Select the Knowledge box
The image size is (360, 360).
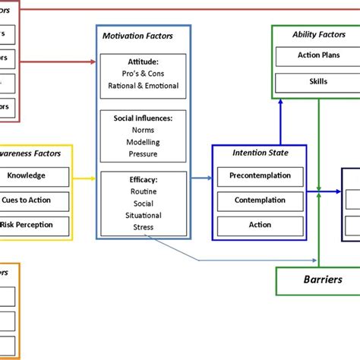click(x=26, y=175)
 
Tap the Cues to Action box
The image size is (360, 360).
click(x=27, y=201)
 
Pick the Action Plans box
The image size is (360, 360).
click(x=314, y=56)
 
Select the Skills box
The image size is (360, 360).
click(x=314, y=81)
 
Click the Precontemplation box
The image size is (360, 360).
click(x=260, y=176)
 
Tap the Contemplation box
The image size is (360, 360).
click(x=260, y=201)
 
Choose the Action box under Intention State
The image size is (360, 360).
click(x=260, y=225)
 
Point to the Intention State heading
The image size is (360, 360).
click(x=260, y=153)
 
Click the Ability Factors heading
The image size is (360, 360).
click(x=314, y=35)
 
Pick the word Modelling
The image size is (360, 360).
click(x=143, y=141)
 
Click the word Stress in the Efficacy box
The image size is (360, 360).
click(x=143, y=226)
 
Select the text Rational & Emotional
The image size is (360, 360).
click(x=143, y=86)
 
